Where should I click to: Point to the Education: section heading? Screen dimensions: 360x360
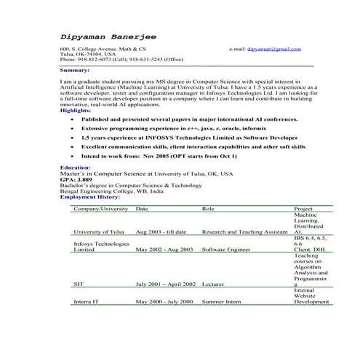point(76,167)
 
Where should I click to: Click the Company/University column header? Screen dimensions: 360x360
point(101,209)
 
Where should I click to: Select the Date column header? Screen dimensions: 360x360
point(142,209)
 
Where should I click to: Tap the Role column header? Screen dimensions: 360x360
point(208,209)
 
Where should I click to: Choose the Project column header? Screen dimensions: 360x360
point(303,209)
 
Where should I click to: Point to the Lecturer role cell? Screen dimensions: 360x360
point(213,284)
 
